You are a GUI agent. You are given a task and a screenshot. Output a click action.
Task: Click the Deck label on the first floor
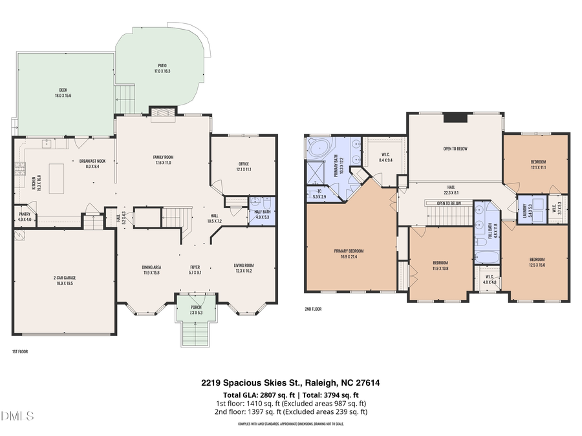[x=63, y=92]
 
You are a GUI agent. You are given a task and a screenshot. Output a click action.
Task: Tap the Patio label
[x=162, y=68]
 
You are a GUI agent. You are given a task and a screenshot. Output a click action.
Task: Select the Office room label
[x=243, y=166]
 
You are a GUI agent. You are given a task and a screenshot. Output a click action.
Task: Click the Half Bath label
[x=262, y=214]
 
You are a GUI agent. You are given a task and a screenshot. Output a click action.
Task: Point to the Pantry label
[x=24, y=216]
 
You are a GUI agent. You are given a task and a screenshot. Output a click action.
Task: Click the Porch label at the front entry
[x=195, y=310]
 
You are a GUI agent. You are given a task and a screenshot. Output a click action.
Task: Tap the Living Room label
[x=244, y=267]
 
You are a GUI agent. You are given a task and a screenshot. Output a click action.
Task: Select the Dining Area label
[x=151, y=269]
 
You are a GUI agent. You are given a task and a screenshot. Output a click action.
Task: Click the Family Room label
[x=163, y=160]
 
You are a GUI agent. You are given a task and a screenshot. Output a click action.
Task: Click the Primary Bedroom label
[x=349, y=253]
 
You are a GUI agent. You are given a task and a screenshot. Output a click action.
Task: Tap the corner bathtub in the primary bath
[x=318, y=148]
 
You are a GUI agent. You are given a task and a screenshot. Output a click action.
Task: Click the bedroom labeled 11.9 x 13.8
[x=440, y=265]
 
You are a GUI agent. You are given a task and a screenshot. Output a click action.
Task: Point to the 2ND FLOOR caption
[x=312, y=309]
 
